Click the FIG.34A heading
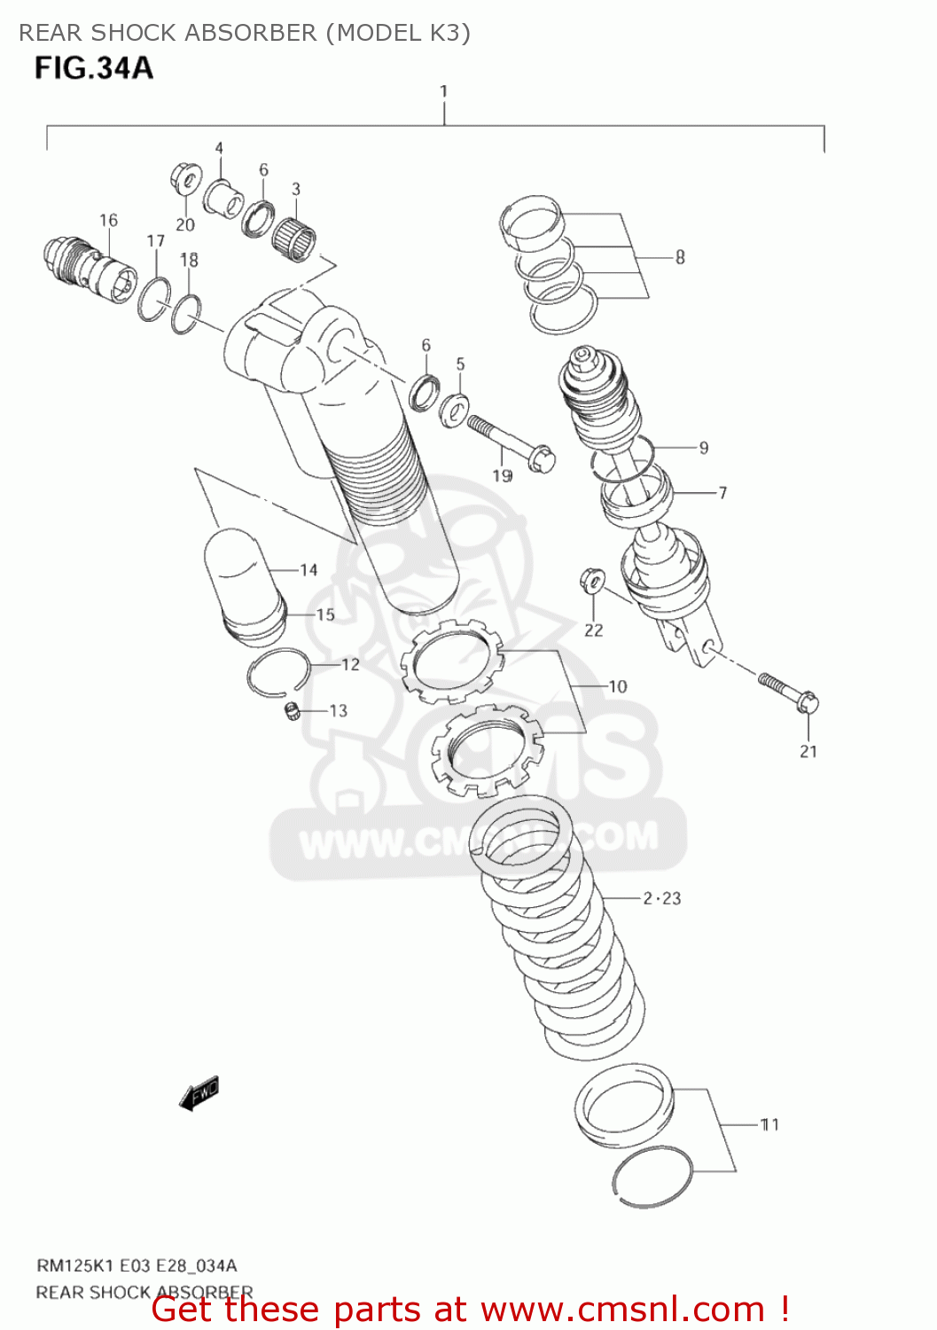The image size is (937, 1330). [x=93, y=68]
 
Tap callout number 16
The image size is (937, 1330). [x=108, y=220]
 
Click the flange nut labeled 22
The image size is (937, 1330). [x=591, y=581]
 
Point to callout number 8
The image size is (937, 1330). [x=680, y=257]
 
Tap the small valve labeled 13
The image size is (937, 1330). [x=290, y=710]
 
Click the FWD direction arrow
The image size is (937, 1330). [x=199, y=1092]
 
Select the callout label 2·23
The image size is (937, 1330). [x=662, y=898]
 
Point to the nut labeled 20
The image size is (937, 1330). [x=184, y=180]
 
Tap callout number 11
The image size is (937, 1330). [x=769, y=1124]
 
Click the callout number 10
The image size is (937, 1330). [x=617, y=686]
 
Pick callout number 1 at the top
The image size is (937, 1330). [x=443, y=90]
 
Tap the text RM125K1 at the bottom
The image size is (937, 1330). [x=74, y=1265]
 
